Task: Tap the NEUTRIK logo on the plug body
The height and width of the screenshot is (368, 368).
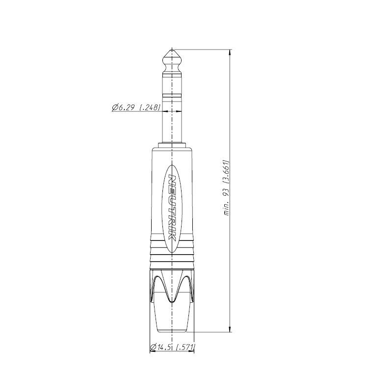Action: coord(172,208)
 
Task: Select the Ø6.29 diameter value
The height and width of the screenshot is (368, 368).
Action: coord(124,108)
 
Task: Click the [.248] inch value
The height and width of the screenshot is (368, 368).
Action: coord(150,108)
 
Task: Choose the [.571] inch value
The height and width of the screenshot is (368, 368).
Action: coord(185,347)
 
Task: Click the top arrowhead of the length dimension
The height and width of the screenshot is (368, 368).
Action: coord(230,53)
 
